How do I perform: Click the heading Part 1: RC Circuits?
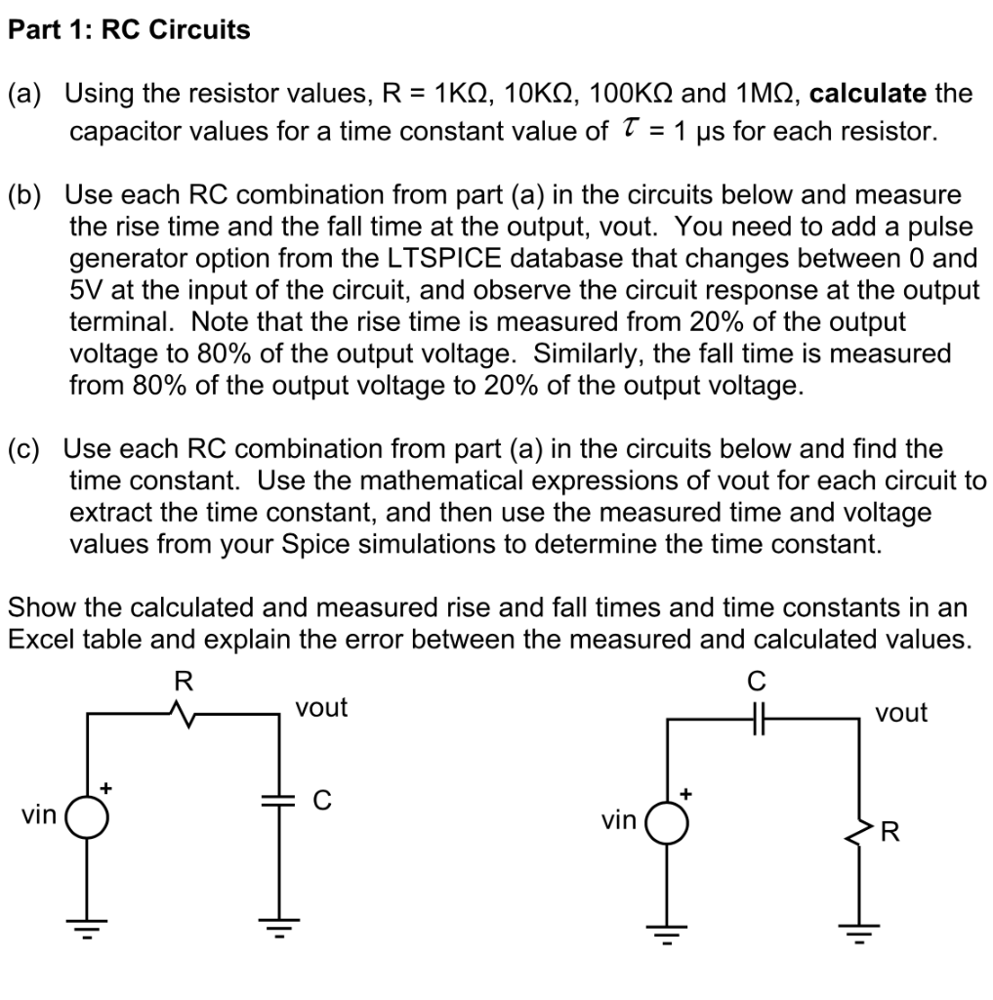(129, 30)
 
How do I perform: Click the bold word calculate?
(868, 94)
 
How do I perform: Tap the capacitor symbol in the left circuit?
(277, 801)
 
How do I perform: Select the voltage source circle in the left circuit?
(87, 816)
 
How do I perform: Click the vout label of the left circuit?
(321, 707)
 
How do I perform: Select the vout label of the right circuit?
(901, 713)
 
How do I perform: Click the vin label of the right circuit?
(619, 821)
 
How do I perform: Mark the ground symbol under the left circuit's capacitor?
(277, 926)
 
